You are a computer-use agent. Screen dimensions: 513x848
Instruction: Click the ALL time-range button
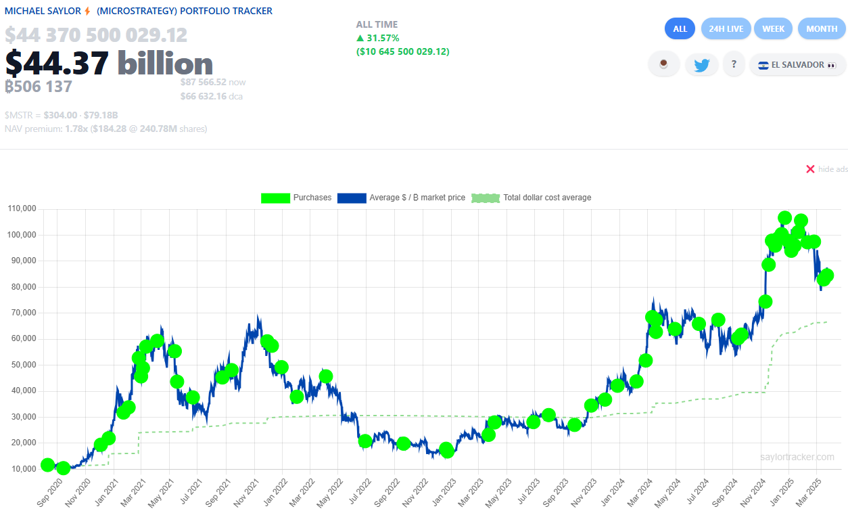tap(680, 29)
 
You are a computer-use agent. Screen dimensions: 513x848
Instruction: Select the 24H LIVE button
tap(726, 29)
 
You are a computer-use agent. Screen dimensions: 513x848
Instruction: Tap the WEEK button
tap(773, 29)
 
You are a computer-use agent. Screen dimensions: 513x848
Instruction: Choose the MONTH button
tap(822, 29)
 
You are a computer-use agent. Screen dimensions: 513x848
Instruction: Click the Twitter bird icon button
tap(701, 65)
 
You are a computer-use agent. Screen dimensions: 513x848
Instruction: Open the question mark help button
tap(734, 65)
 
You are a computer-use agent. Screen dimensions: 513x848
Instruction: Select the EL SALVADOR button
tap(797, 65)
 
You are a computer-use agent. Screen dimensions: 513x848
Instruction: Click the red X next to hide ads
tap(810, 169)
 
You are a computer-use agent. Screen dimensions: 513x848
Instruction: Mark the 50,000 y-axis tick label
tap(22, 365)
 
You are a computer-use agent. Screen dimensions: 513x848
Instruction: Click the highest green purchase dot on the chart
tap(784, 218)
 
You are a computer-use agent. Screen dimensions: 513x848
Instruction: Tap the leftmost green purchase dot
tap(47, 465)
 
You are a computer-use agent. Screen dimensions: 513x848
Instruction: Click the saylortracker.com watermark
tap(797, 458)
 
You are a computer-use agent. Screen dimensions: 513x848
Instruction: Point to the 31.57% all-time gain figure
tap(383, 38)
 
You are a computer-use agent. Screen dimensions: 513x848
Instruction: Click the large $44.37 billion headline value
tap(109, 64)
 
